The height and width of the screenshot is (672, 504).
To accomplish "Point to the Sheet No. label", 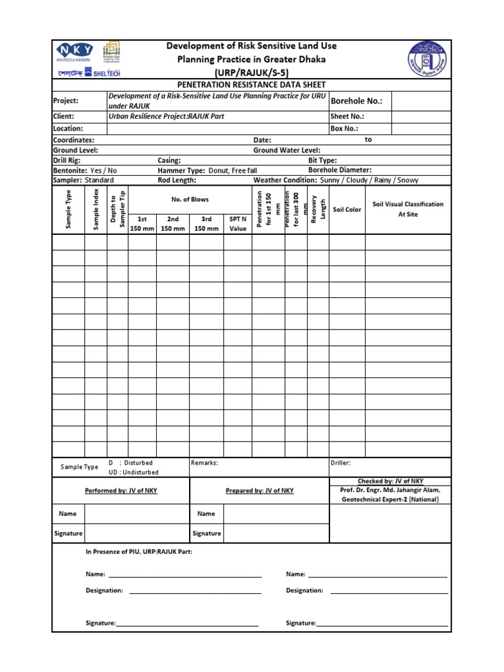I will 347,117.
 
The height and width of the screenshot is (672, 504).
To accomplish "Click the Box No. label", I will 345,129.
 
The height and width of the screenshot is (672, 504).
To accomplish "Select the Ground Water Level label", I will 287,150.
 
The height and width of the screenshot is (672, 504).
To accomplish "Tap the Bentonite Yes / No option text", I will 85,170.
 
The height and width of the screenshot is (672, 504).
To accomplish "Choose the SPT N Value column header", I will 238,223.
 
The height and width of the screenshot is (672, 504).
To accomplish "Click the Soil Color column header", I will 347,210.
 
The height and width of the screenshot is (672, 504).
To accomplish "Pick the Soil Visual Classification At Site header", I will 408,209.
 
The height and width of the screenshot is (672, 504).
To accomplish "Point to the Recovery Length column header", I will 318,209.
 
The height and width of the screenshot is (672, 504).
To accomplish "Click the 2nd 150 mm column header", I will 173,223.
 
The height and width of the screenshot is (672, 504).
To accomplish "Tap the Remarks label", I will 204,463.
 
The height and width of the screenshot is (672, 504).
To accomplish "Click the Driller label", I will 341,463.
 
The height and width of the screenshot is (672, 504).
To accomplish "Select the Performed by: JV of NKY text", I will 121,491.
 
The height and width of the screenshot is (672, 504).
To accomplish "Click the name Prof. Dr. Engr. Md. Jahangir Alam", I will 390,490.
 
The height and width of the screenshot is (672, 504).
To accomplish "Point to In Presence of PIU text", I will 139,552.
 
